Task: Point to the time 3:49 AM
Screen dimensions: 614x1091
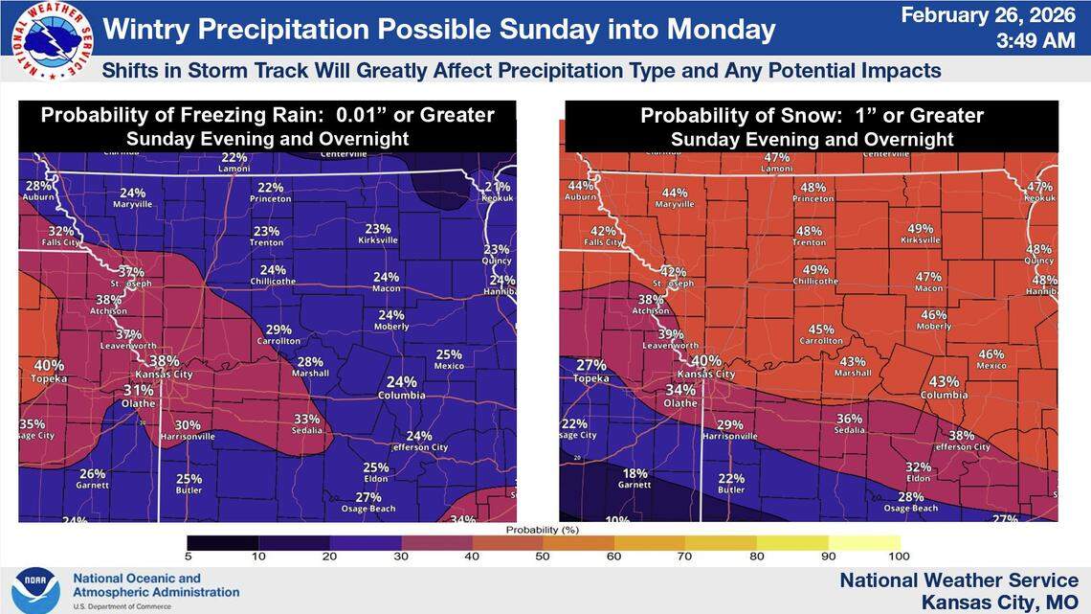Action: click(x=1028, y=42)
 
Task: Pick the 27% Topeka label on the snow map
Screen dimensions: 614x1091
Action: click(x=591, y=371)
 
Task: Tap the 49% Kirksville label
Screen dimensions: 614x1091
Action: click(x=920, y=234)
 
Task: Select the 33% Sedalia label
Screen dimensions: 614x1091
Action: click(x=306, y=424)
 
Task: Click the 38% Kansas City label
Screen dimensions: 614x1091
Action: click(x=164, y=366)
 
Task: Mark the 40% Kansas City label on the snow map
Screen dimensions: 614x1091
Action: click(x=705, y=366)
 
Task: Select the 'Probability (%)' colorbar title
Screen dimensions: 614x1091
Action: click(x=544, y=529)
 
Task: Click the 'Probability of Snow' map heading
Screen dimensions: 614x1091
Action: click(x=812, y=116)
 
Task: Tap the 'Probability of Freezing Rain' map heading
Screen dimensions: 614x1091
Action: click(x=267, y=116)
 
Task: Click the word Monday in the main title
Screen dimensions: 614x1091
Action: click(x=727, y=29)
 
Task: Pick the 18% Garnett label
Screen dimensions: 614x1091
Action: click(x=635, y=478)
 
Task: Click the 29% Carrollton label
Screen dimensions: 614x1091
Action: click(x=278, y=334)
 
